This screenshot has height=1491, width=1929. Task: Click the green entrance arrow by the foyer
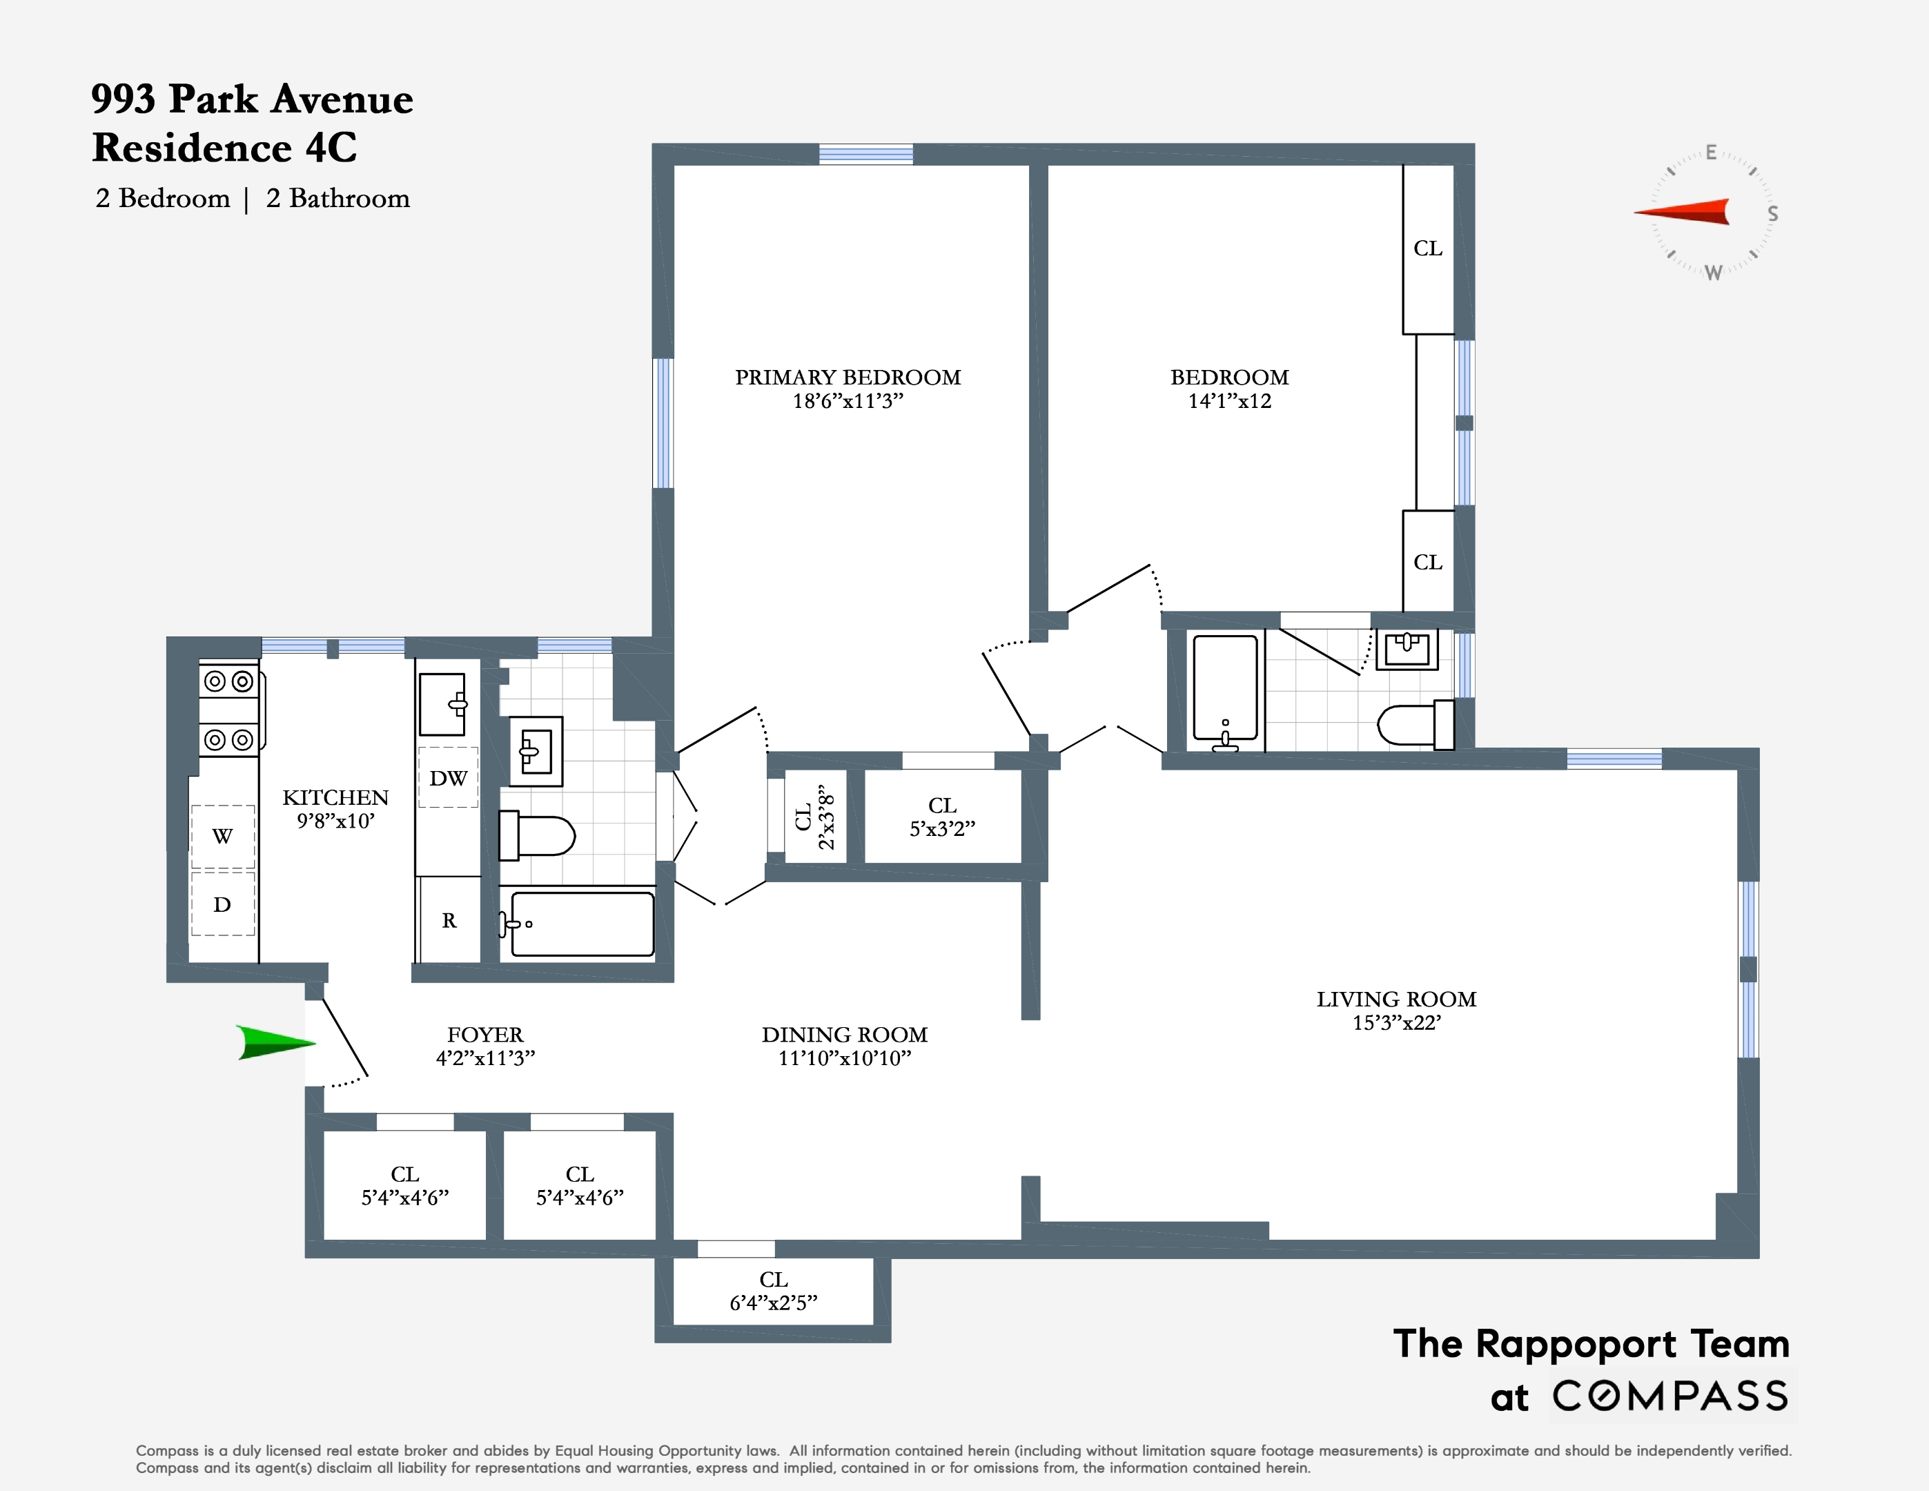tap(275, 1042)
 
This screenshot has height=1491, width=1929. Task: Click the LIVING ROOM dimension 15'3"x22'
tap(1396, 1023)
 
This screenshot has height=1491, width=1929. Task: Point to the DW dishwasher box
tap(448, 778)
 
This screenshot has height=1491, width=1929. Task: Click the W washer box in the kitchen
tap(222, 836)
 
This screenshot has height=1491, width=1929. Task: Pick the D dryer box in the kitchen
tap(222, 904)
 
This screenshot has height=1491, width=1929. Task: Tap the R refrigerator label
tap(449, 920)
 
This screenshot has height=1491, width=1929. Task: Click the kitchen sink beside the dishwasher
tap(442, 704)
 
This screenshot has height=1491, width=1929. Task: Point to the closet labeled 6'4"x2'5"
tap(773, 1292)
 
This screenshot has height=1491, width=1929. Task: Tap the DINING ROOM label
tap(844, 1034)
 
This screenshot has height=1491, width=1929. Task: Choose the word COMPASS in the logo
tap(1669, 1396)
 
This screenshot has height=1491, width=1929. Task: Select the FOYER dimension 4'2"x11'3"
tap(485, 1058)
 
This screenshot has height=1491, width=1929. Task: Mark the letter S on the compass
tap(1772, 214)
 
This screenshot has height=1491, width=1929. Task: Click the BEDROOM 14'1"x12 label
tap(1228, 389)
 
